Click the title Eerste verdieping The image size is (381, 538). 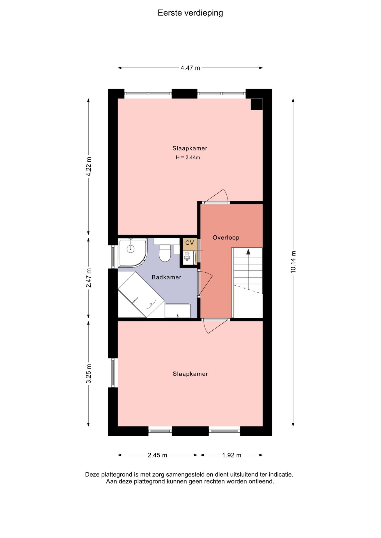point(190,13)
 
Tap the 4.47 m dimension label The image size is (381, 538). point(190,68)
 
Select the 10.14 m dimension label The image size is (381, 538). point(293,262)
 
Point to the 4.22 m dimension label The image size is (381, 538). point(89,166)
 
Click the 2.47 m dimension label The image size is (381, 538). point(89,278)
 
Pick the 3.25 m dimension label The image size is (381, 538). point(89,374)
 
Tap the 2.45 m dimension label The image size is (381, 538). point(157,455)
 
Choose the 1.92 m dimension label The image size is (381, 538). point(232,455)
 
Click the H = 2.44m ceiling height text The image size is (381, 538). point(188,157)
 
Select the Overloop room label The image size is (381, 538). point(226,238)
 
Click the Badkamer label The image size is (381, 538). point(166,277)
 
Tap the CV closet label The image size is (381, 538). point(190,243)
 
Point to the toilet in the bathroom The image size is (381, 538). point(165,253)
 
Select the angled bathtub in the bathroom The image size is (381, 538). point(141,295)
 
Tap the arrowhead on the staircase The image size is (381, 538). point(248,252)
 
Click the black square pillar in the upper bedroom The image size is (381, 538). point(257,104)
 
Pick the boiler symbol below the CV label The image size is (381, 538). point(187,256)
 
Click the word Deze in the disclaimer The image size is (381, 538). point(92,475)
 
